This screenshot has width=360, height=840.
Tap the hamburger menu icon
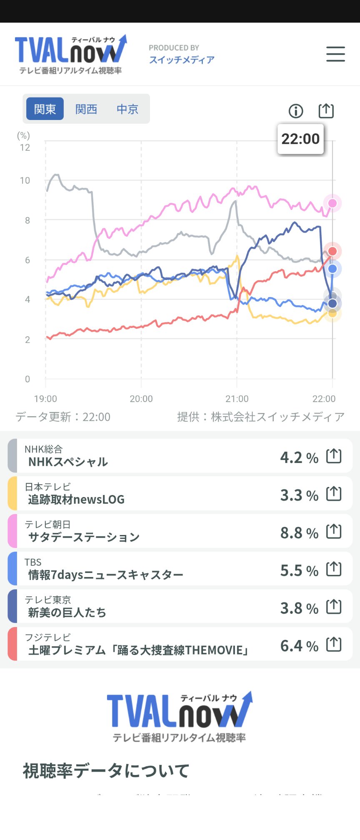335,54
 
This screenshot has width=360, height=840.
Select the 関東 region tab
45,109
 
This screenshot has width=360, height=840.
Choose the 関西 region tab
86,109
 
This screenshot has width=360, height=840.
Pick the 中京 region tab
127,109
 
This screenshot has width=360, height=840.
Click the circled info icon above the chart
296,111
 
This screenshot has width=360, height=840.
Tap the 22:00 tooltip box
300,139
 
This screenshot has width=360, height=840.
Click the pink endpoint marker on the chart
332,203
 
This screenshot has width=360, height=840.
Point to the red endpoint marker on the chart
332,251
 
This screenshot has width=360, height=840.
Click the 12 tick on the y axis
25,147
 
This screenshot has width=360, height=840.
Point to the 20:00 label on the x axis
141,399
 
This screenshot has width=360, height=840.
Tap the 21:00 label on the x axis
237,399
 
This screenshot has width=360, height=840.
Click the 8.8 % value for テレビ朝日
299,533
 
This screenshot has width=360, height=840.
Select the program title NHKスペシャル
68,462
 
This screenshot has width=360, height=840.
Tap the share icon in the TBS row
334,569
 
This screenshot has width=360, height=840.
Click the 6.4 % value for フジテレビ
299,646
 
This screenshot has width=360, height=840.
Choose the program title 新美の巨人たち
67,612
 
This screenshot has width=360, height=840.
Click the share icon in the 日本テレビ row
334,494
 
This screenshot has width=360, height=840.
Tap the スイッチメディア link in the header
182,60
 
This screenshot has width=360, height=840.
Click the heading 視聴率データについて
106,771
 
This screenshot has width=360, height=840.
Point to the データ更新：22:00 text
63,417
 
